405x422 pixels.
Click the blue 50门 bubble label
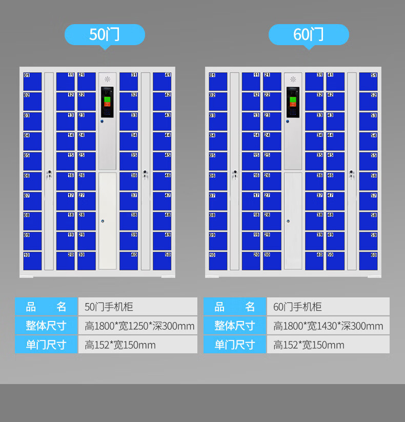pyautogui.click(x=105, y=34)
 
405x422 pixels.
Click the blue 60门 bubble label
pyautogui.click(x=309, y=34)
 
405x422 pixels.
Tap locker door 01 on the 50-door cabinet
pyautogui.click(x=32, y=81)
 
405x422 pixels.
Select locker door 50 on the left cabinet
pyautogui.click(x=162, y=260)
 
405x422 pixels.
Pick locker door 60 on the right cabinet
pyautogui.click(x=368, y=260)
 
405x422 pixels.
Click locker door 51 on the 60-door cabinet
pyautogui.click(x=368, y=81)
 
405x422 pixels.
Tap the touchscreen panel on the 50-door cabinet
pyautogui.click(x=107, y=102)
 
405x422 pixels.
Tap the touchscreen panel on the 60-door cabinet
pyautogui.click(x=293, y=102)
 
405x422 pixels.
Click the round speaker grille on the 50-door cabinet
pyautogui.click(x=108, y=79)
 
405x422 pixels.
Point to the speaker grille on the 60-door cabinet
pyautogui.click(x=293, y=79)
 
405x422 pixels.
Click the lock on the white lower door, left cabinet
pyautogui.click(x=103, y=222)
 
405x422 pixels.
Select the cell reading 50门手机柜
pyautogui.click(x=137, y=307)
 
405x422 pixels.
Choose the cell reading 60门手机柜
pyautogui.click(x=328, y=307)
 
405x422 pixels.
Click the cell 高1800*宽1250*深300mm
pyautogui.click(x=137, y=326)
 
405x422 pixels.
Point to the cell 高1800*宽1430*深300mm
pyautogui.click(x=328, y=326)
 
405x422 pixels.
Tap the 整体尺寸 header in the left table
pyautogui.click(x=47, y=326)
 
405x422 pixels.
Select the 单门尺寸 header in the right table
pyautogui.click(x=235, y=345)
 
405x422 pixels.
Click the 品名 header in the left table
pyautogui.click(x=47, y=307)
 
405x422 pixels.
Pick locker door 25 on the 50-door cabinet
pyautogui.click(x=87, y=161)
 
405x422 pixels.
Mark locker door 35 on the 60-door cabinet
pyautogui.click(x=314, y=161)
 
